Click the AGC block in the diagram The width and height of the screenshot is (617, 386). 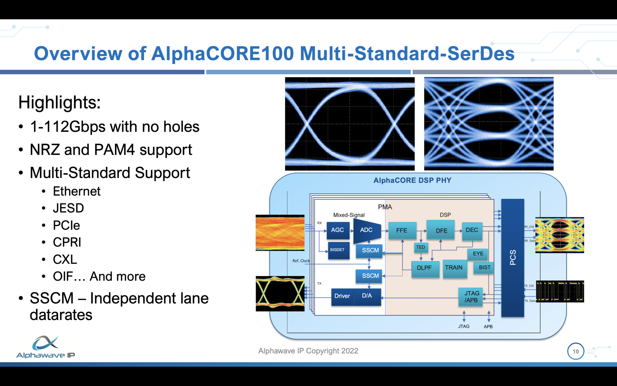(338, 230)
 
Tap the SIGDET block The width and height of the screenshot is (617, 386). (338, 250)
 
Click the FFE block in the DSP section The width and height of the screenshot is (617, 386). (402, 230)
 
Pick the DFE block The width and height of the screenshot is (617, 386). (441, 230)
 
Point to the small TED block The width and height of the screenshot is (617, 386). (421, 247)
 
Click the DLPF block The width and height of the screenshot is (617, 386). (424, 268)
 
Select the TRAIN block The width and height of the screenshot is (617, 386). (454, 268)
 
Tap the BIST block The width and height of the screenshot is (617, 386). (484, 267)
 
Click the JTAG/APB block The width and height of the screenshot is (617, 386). (471, 297)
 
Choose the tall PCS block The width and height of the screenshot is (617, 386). (512, 258)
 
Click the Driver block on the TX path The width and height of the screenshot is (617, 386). (342, 296)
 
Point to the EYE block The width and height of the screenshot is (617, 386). (478, 254)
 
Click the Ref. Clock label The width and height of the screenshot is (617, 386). (301, 261)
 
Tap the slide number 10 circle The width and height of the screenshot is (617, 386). (575, 351)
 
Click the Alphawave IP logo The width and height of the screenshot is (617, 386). (45, 347)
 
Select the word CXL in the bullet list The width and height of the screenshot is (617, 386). (65, 259)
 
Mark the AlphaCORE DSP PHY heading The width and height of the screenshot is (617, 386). (412, 180)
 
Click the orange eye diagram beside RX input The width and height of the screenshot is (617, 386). (280, 233)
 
